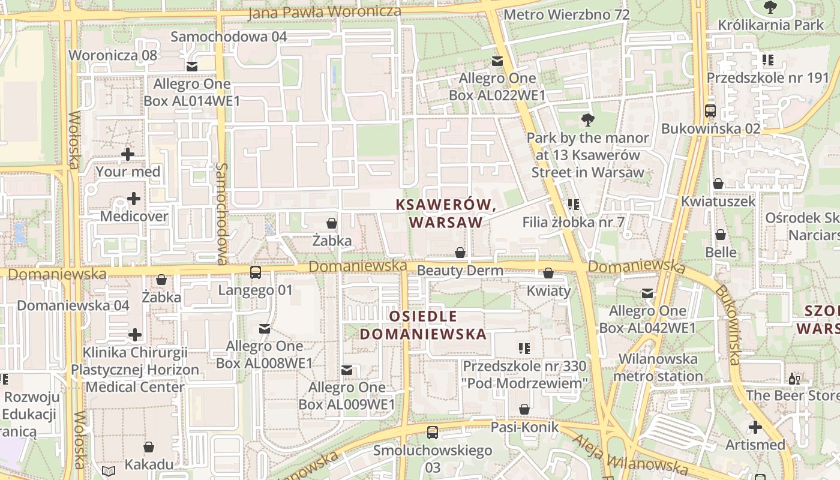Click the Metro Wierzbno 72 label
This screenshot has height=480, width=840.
(566, 14)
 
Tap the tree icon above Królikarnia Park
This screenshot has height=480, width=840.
(770, 7)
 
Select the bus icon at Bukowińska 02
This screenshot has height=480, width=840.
(710, 111)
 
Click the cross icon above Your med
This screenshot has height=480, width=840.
(128, 154)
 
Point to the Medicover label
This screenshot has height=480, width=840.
(134, 216)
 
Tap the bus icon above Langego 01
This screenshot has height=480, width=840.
(256, 272)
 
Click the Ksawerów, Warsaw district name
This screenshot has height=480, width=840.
(446, 213)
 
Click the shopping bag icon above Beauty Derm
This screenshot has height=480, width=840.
(460, 253)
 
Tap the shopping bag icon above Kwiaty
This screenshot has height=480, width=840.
(548, 274)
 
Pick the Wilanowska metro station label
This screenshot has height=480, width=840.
(658, 368)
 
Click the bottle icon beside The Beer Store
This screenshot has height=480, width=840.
(794, 379)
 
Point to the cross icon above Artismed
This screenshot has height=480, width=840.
(755, 427)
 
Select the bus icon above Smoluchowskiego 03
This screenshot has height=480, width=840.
(432, 432)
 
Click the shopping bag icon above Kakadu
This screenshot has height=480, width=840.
(149, 447)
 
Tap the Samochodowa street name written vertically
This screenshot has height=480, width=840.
(222, 213)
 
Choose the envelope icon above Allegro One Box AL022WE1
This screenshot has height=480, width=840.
(497, 61)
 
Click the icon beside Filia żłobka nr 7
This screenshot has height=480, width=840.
(573, 205)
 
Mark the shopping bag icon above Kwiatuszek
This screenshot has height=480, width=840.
(718, 184)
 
